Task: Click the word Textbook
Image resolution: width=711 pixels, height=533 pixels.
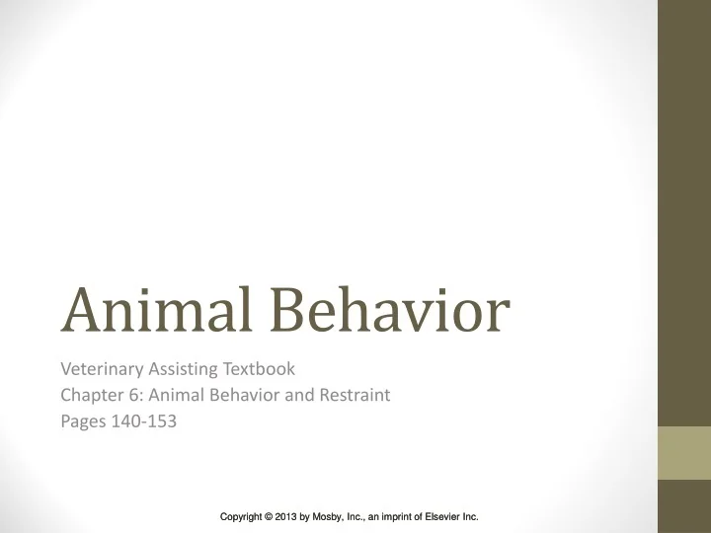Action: tap(259, 371)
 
